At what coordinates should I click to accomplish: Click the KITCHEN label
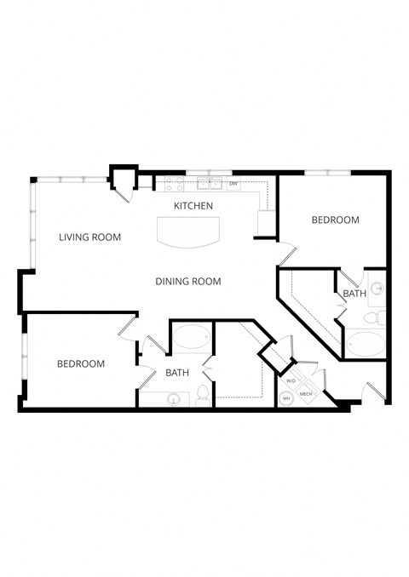(x=193, y=206)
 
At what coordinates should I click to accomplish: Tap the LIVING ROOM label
(x=89, y=237)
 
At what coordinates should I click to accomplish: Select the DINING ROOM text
(x=188, y=282)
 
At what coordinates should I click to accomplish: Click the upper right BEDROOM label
(x=335, y=220)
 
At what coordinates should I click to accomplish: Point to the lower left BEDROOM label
(x=81, y=363)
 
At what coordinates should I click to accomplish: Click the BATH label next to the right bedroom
(x=354, y=294)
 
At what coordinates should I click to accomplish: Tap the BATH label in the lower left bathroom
(x=177, y=373)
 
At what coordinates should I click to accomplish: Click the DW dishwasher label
(x=233, y=184)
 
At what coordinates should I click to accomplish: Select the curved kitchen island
(x=187, y=231)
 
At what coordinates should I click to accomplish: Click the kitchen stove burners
(x=175, y=182)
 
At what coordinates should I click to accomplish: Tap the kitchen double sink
(x=209, y=182)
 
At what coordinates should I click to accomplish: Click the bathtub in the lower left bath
(x=191, y=339)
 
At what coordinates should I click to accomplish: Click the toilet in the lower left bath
(x=203, y=394)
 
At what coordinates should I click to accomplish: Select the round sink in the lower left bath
(x=175, y=397)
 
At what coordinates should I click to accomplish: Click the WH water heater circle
(x=286, y=397)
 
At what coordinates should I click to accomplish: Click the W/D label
(x=291, y=380)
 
